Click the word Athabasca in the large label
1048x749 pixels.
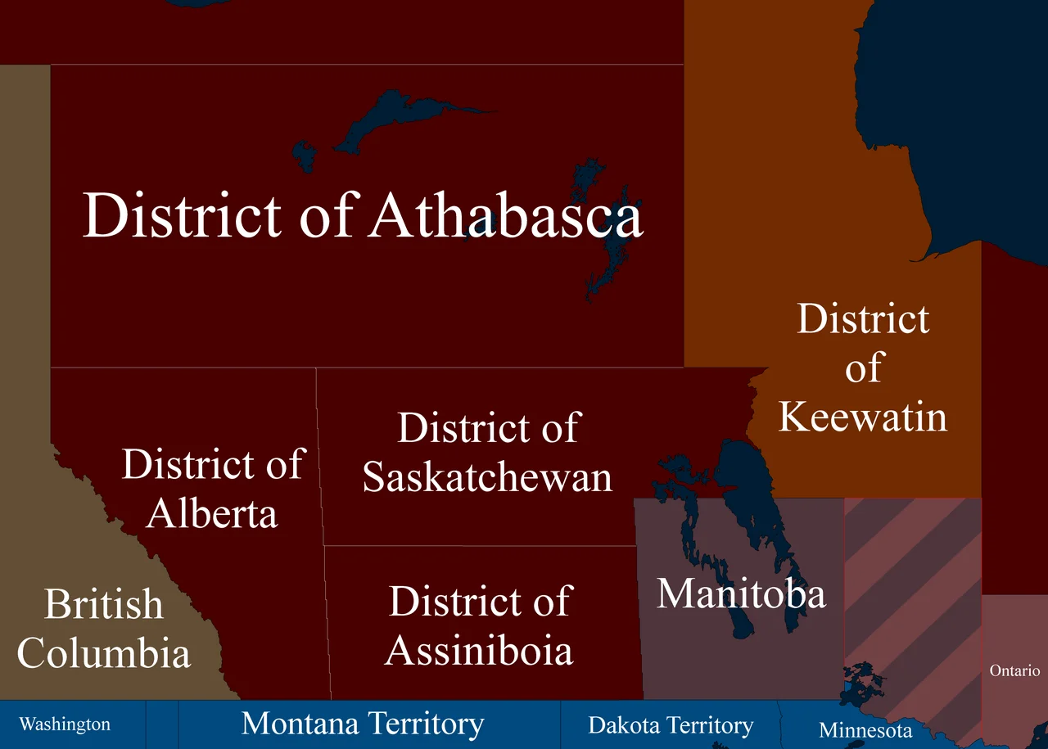pyautogui.click(x=506, y=216)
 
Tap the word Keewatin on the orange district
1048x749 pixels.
pyautogui.click(x=862, y=416)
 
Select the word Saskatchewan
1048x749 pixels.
pyautogui.click(x=487, y=477)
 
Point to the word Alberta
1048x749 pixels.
pyautogui.click(x=212, y=513)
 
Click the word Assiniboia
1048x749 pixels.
pyautogui.click(x=479, y=651)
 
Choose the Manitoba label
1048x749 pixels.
pyautogui.click(x=741, y=593)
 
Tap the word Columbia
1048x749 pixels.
pyautogui.click(x=104, y=653)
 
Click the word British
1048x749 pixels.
pyautogui.click(x=104, y=605)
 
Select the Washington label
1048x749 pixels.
pyautogui.click(x=65, y=724)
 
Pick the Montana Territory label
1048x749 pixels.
pyautogui.click(x=363, y=724)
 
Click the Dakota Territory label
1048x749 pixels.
pyautogui.click(x=671, y=725)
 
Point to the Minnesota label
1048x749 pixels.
pyautogui.click(x=865, y=730)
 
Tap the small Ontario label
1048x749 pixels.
pyautogui.click(x=1014, y=670)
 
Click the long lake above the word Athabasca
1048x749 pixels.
pyautogui.click(x=393, y=119)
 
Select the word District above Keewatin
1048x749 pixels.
pyautogui.click(x=863, y=319)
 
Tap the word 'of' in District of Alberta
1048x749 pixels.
pyautogui.click(x=284, y=465)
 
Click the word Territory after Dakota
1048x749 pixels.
pyautogui.click(x=711, y=725)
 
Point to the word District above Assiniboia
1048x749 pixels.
pyautogui.click(x=442, y=602)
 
